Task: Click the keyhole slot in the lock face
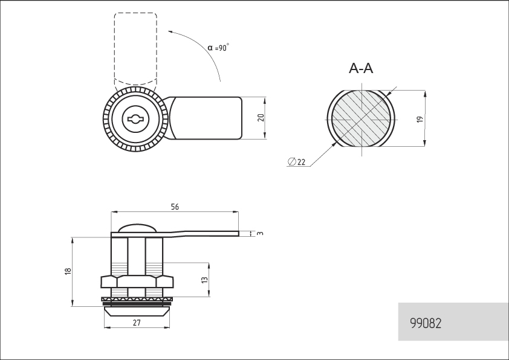135,120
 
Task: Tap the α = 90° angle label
218,47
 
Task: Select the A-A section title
361,68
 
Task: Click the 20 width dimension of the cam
261,118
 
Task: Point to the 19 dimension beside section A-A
420,120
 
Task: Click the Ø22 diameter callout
297,161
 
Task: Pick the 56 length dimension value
175,207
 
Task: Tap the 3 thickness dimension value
261,233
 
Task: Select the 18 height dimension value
68,271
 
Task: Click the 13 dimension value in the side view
204,280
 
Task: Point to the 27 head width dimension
137,323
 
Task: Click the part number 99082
426,323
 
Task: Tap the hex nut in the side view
137,281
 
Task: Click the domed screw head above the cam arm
137,228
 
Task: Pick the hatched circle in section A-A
361,118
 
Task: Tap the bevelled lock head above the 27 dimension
137,312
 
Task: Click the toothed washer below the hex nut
137,299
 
